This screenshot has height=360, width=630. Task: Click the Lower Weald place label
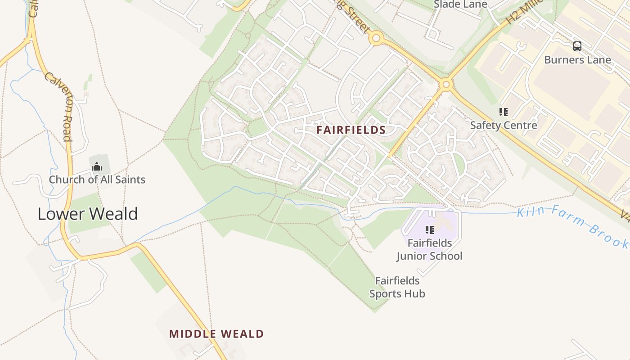click(87, 214)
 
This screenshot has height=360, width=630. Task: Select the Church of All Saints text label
click(97, 180)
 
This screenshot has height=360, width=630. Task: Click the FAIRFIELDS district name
click(351, 130)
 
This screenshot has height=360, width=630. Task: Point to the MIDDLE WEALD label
click(216, 334)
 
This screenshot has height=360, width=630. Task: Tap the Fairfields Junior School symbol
click(430, 230)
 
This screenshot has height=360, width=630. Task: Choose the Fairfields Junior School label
click(429, 249)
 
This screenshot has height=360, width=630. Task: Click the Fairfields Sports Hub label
click(397, 287)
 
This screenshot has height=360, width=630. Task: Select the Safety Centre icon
click(504, 112)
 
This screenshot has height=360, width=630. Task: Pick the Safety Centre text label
click(504, 125)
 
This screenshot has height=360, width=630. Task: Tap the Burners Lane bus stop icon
click(577, 46)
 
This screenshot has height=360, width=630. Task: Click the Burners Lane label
click(577, 60)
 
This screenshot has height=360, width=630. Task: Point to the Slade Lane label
click(460, 4)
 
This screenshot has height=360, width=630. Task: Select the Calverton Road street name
click(58, 107)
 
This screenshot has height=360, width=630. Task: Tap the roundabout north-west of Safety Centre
click(446, 84)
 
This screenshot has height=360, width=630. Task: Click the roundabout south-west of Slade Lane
click(376, 38)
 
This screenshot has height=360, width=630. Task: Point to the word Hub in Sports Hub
click(414, 294)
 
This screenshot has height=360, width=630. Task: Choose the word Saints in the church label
click(130, 180)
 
